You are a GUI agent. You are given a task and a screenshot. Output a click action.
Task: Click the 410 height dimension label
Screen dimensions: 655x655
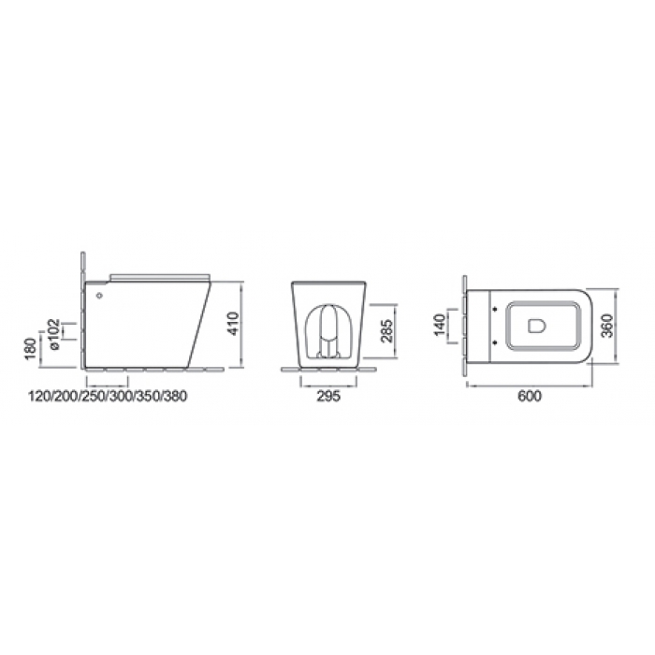pos(234,324)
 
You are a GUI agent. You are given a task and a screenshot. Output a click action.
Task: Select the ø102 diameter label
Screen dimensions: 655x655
pos(54,334)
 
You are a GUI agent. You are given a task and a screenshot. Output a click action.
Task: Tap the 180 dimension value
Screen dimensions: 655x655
pos(31,349)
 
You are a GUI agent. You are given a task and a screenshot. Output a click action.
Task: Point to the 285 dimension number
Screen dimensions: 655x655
pos(387,331)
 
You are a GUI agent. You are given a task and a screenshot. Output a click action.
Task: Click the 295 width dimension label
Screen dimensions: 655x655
pos(328,396)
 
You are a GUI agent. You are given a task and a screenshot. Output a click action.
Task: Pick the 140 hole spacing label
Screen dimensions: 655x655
pos(440,325)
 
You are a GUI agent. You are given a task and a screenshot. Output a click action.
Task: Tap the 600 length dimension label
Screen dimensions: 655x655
pos(530,396)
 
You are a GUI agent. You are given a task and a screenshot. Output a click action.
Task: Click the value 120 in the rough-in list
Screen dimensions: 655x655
pos(39,396)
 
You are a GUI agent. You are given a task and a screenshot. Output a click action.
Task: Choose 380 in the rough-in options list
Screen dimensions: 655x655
pos(175,396)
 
